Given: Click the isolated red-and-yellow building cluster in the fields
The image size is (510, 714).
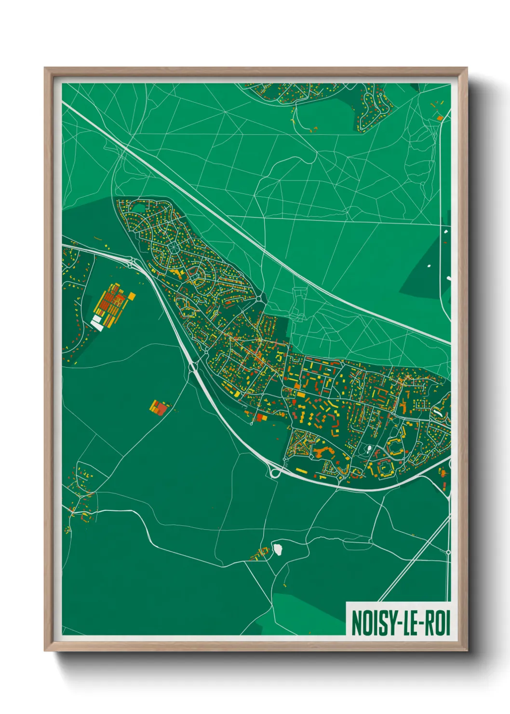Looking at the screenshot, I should (159, 407).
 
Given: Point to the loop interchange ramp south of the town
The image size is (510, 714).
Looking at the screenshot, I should (275, 471).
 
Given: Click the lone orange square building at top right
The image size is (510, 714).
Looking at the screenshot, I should (439, 117).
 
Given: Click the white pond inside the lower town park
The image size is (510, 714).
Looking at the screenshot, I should (369, 449).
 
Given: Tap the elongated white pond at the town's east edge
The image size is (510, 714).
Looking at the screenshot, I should (438, 413).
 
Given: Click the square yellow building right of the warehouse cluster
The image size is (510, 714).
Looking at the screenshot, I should (131, 296).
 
